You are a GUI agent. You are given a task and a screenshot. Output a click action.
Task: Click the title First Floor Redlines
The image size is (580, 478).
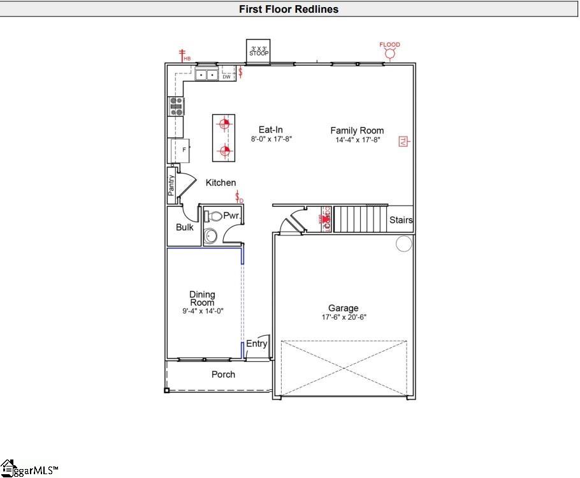point(289,9)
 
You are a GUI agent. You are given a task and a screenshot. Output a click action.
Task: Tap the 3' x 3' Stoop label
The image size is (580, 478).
point(259,51)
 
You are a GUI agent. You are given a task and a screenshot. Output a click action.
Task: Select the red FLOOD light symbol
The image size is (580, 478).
point(389,54)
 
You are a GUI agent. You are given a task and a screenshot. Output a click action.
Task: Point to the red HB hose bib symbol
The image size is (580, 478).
point(183,56)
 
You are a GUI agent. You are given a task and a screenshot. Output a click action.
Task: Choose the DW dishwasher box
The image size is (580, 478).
point(226,77)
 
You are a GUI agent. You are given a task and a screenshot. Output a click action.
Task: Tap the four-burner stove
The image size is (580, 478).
point(175,106)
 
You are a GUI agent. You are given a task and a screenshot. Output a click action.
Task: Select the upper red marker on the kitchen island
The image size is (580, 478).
point(224,124)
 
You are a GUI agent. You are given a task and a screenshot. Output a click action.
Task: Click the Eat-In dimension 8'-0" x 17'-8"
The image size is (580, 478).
point(271,139)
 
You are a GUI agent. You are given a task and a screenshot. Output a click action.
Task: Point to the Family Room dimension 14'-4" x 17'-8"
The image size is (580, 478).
point(357,140)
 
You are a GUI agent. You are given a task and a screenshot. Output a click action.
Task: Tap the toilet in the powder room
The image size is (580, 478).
point(213,216)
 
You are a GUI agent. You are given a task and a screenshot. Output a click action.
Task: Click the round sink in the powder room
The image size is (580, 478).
point(210,237)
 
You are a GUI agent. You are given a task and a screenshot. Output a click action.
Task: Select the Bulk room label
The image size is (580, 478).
point(185,227)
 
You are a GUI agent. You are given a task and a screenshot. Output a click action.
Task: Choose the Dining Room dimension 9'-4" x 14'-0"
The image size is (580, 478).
point(202,311)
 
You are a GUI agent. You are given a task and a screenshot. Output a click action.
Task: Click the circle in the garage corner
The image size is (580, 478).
point(403,244)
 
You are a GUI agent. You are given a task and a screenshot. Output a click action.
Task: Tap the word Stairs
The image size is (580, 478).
point(401,220)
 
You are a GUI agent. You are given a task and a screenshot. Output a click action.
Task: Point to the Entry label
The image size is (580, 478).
point(257,344)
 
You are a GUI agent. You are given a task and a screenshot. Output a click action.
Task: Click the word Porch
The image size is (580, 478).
point(223,375)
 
